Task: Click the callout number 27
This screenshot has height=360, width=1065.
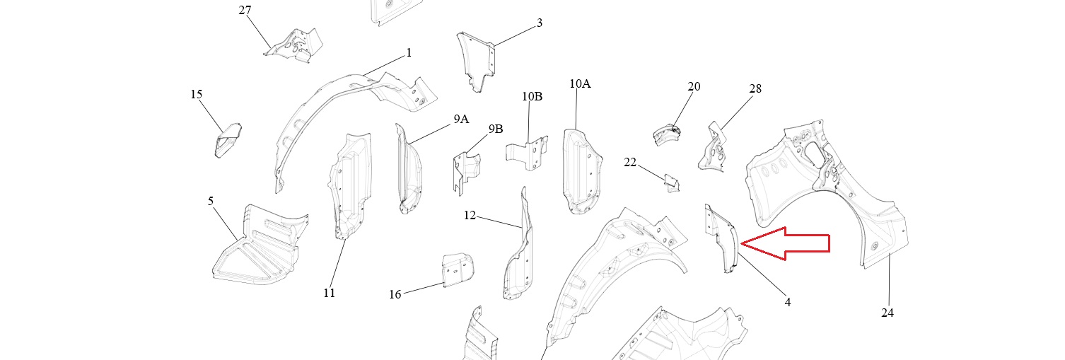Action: (x=245, y=11)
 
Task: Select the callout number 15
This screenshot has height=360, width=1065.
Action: (x=197, y=94)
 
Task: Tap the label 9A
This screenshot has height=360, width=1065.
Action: (x=461, y=119)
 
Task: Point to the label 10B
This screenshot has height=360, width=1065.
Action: (x=532, y=96)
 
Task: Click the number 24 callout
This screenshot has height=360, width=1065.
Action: (x=887, y=312)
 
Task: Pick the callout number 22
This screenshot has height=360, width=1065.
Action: (x=630, y=162)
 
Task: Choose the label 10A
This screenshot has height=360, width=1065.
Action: (x=580, y=83)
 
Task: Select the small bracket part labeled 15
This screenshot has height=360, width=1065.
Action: (x=228, y=139)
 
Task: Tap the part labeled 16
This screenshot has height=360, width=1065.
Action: (x=457, y=269)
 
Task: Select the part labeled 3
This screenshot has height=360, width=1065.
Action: (x=476, y=59)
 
